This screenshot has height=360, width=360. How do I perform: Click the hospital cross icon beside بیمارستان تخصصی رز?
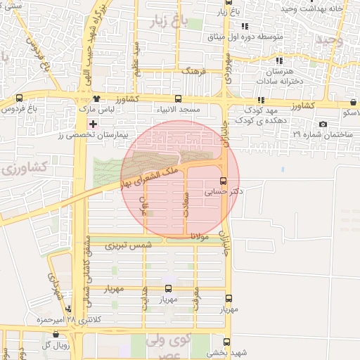click(93, 123)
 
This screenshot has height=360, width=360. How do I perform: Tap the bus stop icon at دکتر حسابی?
click(224, 180)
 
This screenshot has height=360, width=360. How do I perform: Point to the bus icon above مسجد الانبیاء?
click(178, 99)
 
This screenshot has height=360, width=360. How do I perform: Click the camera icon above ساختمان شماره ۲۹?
click(323, 124)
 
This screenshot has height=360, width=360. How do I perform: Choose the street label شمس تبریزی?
click(128, 246)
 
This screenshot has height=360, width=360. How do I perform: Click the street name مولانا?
click(200, 239)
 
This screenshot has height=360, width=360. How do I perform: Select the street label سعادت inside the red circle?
click(186, 209)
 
